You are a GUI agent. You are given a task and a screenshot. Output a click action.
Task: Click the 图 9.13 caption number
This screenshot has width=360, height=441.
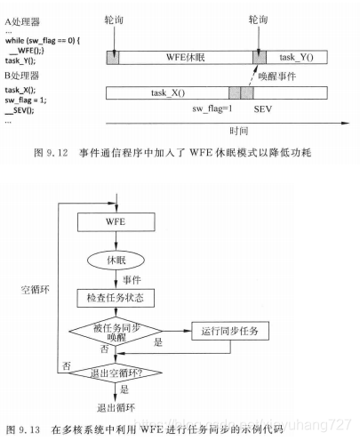[x=26, y=429]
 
